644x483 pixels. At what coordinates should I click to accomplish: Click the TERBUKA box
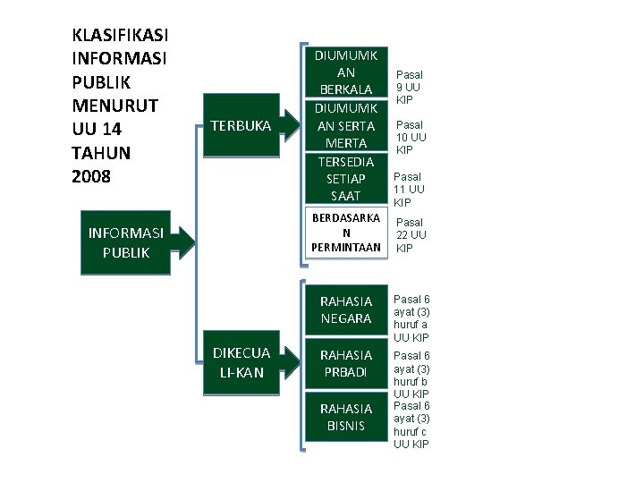tap(239, 126)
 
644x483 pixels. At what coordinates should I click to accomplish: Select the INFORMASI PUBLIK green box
tap(125, 242)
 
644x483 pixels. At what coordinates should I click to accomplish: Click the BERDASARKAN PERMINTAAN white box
tap(346, 232)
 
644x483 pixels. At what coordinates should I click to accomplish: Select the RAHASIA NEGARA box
tap(346, 309)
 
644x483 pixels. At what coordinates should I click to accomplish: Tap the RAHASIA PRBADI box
tap(346, 363)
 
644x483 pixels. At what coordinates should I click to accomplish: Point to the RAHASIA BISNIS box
tap(346, 417)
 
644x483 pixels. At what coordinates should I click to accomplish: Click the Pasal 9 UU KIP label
tap(410, 87)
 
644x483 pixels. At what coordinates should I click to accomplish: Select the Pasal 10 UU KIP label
tap(411, 137)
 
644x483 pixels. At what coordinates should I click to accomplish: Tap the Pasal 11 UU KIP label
tap(410, 190)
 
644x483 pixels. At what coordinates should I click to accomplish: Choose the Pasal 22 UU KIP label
tap(411, 234)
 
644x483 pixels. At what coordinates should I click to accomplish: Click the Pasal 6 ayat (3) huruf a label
tap(411, 318)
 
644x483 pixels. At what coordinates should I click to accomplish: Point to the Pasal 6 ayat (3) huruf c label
tap(411, 425)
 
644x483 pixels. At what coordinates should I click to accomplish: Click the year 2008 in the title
tap(91, 176)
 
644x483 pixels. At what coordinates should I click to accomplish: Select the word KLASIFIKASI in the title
tap(121, 36)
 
